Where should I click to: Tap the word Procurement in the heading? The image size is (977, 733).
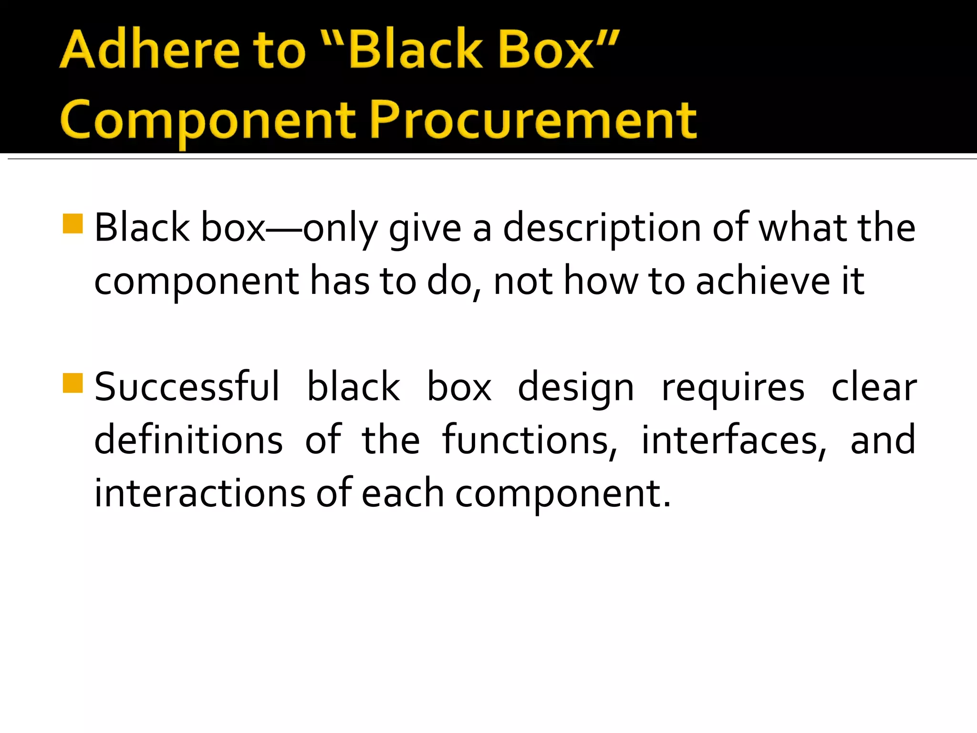[x=533, y=119]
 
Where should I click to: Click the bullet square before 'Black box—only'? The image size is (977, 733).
[x=73, y=223]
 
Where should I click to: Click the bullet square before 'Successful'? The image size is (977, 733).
[x=73, y=383]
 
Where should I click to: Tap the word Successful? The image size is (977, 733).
[x=187, y=387]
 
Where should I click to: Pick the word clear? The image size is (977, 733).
[x=873, y=387]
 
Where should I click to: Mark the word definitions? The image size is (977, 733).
[x=188, y=440]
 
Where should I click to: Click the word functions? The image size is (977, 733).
[x=529, y=440]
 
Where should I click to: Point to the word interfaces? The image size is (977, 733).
[x=733, y=440]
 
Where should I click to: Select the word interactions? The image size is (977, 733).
[x=199, y=493]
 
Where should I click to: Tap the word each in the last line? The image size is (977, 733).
[x=403, y=493]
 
